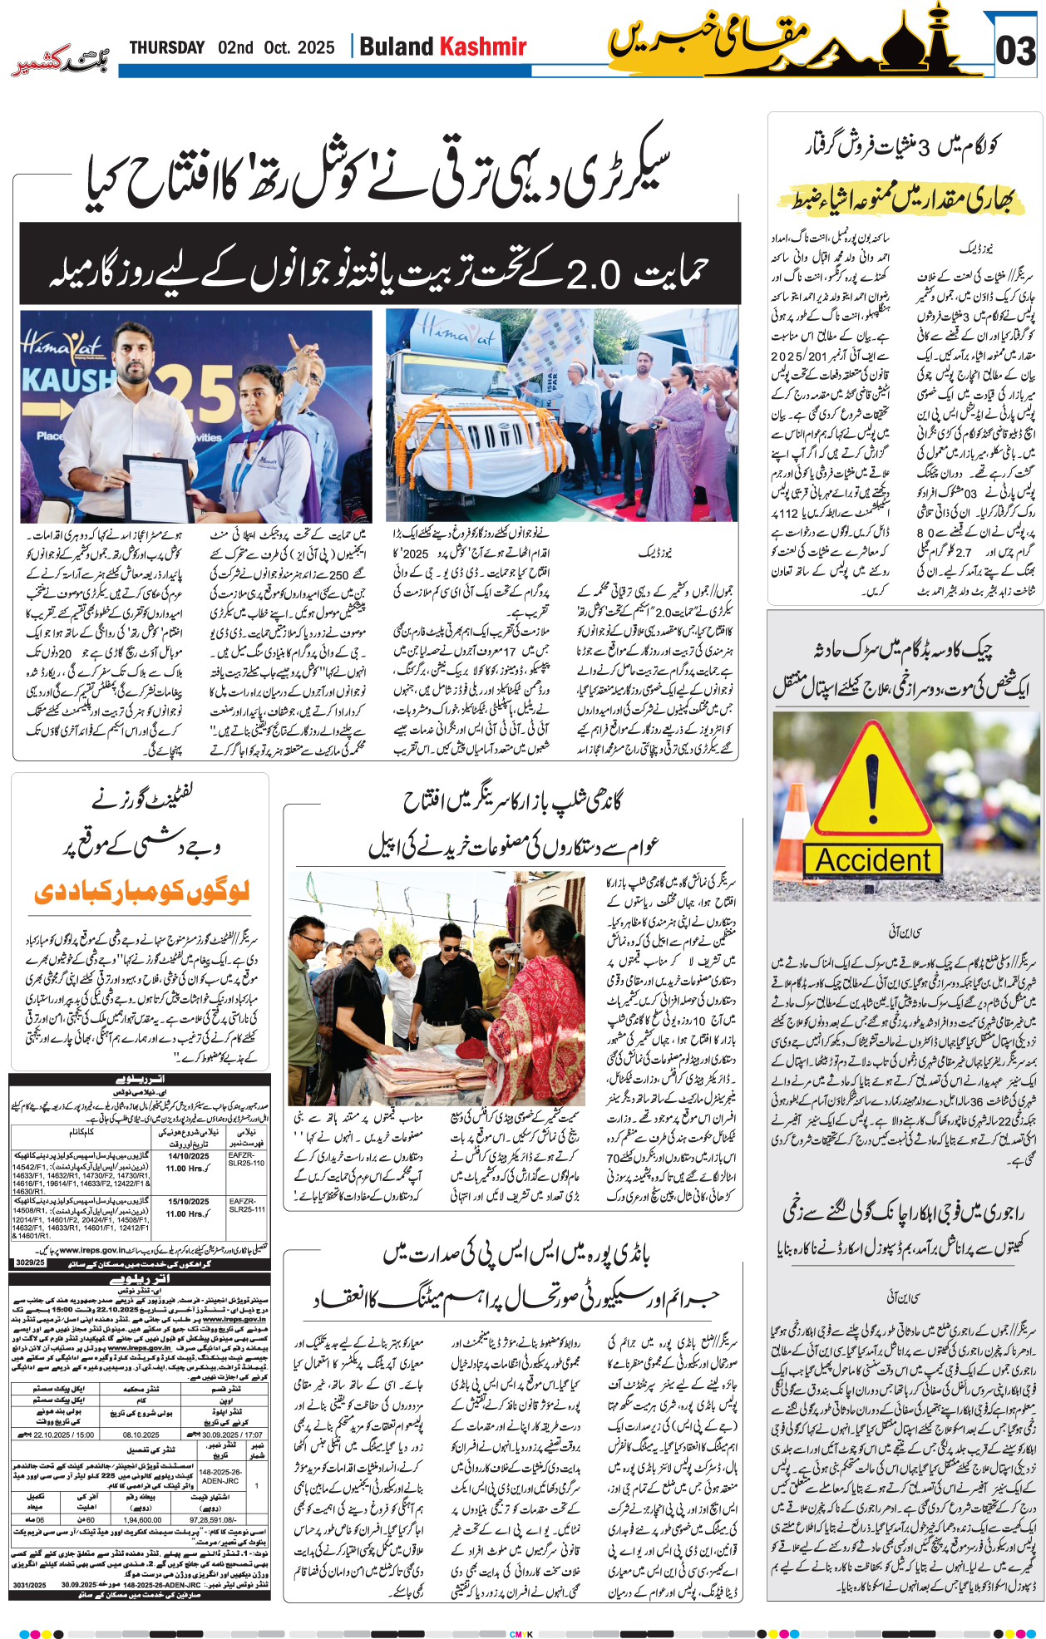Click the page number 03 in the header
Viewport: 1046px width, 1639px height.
1015,52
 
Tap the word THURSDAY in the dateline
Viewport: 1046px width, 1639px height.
166,47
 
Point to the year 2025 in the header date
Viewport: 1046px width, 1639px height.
315,47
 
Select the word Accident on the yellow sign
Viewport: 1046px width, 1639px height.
872,860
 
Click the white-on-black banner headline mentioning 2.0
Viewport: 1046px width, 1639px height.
379,272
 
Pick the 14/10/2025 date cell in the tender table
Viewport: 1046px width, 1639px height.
189,1156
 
